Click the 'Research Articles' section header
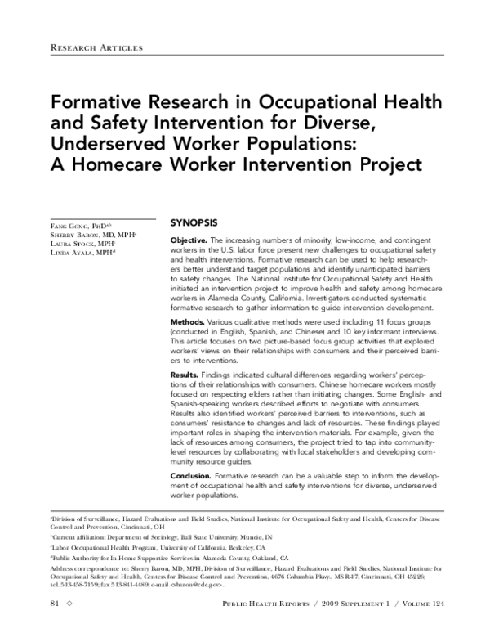click(x=96, y=48)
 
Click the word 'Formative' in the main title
click(x=97, y=106)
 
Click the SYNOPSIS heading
click(x=194, y=222)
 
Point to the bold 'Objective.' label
click(x=188, y=240)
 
